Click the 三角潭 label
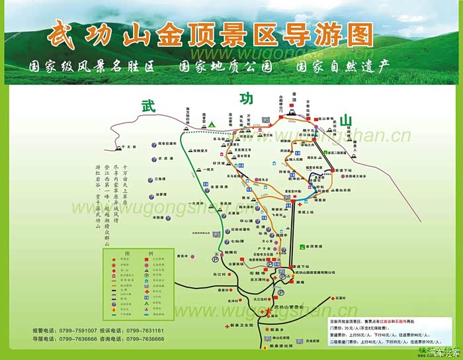(161, 179)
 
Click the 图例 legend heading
(138, 253)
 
